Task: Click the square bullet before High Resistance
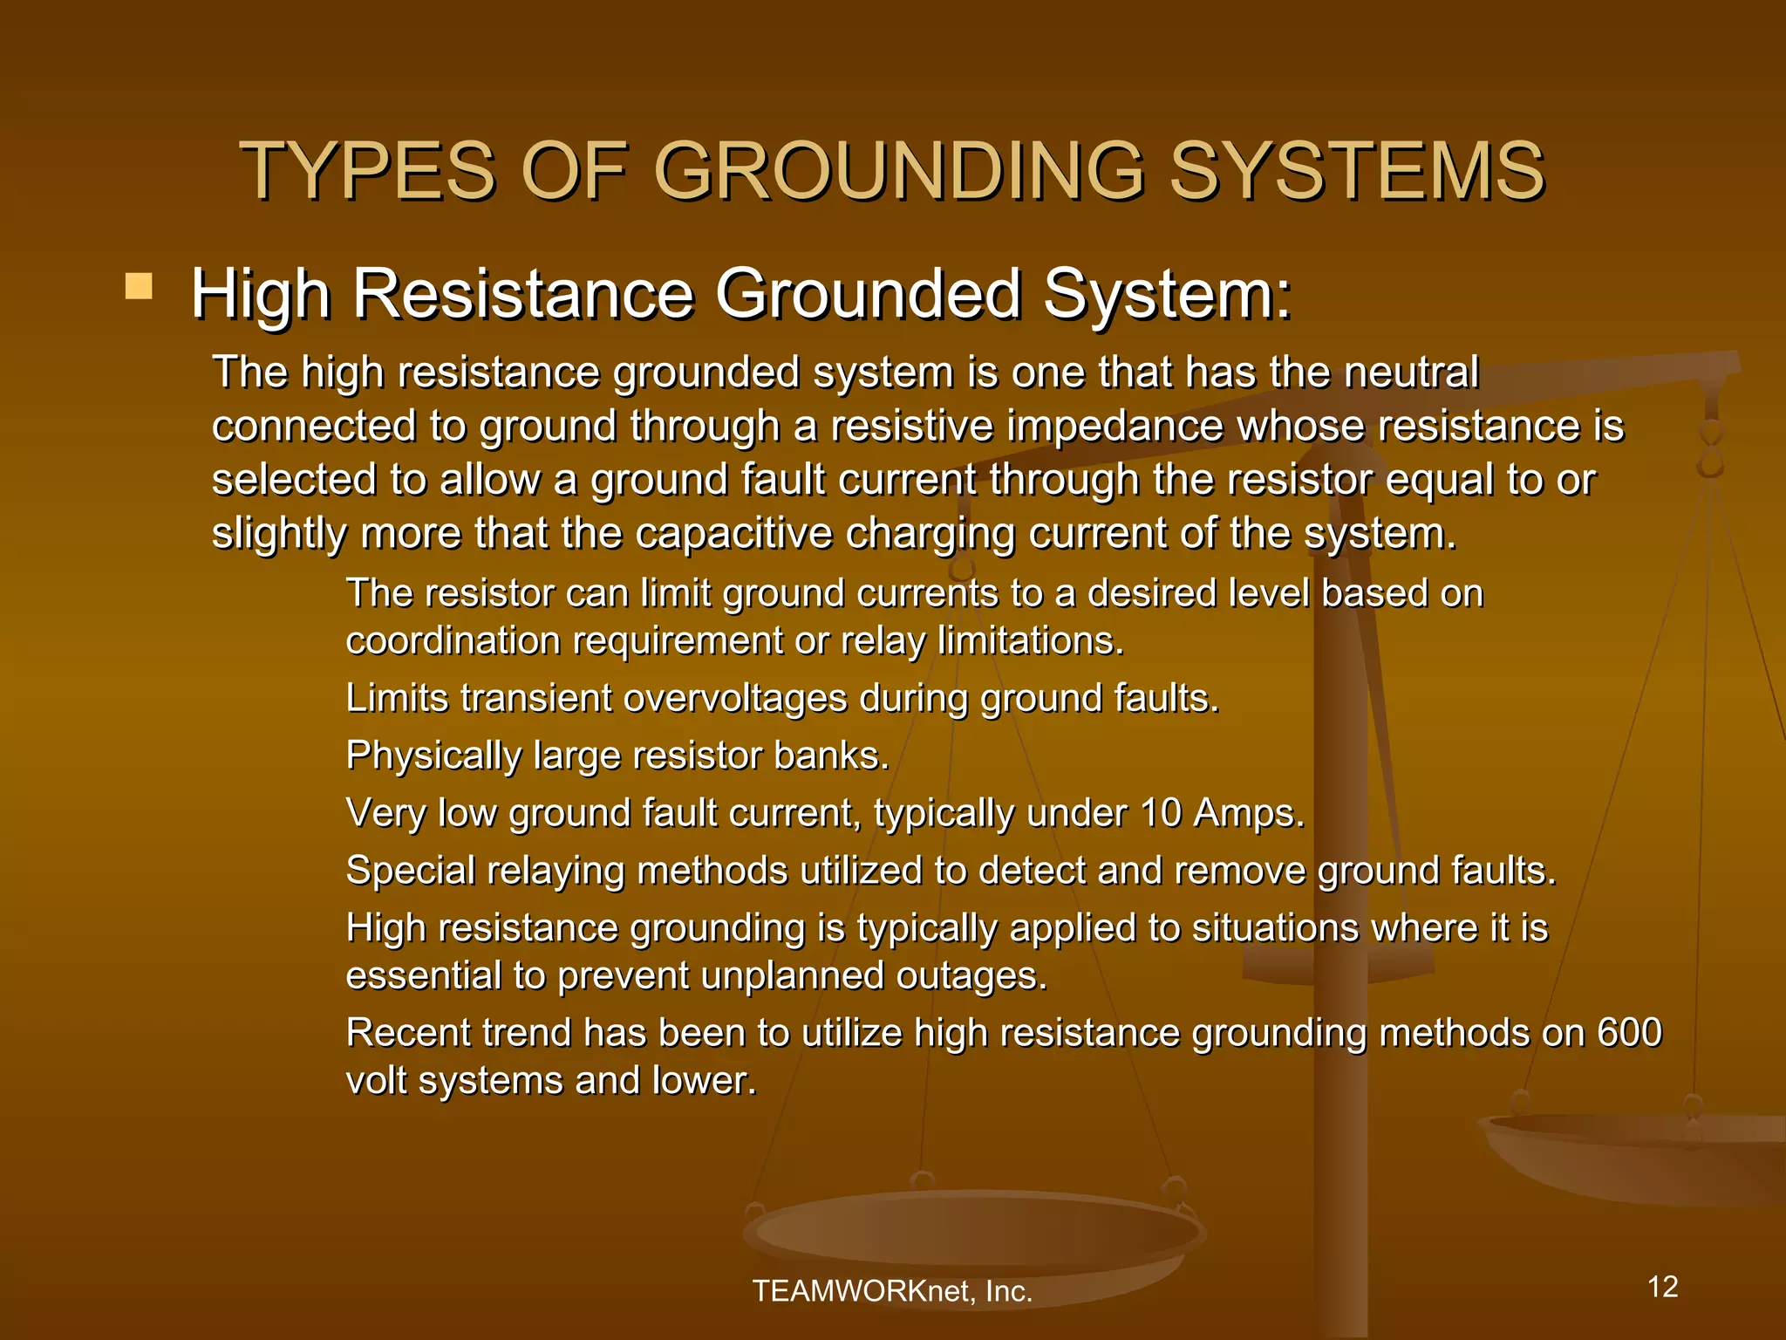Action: [139, 286]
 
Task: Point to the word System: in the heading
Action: [1167, 295]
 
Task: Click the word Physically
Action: [433, 756]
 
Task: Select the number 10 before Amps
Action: [1161, 814]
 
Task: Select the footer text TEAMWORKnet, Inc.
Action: [892, 1291]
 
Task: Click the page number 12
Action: [1663, 1287]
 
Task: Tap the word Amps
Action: [1249, 814]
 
